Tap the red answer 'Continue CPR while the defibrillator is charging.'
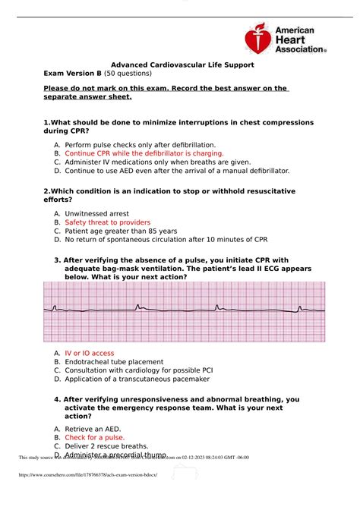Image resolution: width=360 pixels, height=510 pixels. coord(144,153)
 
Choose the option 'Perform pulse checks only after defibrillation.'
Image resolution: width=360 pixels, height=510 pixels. coord(140,143)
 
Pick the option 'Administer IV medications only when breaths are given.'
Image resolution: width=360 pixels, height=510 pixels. coord(157,162)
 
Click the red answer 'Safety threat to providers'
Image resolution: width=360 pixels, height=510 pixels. coord(107,222)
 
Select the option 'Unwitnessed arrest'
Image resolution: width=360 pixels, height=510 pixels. coord(96,213)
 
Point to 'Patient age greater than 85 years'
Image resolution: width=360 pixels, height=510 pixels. coord(121,231)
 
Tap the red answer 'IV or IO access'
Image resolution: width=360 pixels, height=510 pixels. coord(89,353)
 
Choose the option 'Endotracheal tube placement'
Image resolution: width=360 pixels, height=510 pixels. coord(114,362)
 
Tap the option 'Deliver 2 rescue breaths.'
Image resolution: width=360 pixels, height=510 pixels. coord(106,446)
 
